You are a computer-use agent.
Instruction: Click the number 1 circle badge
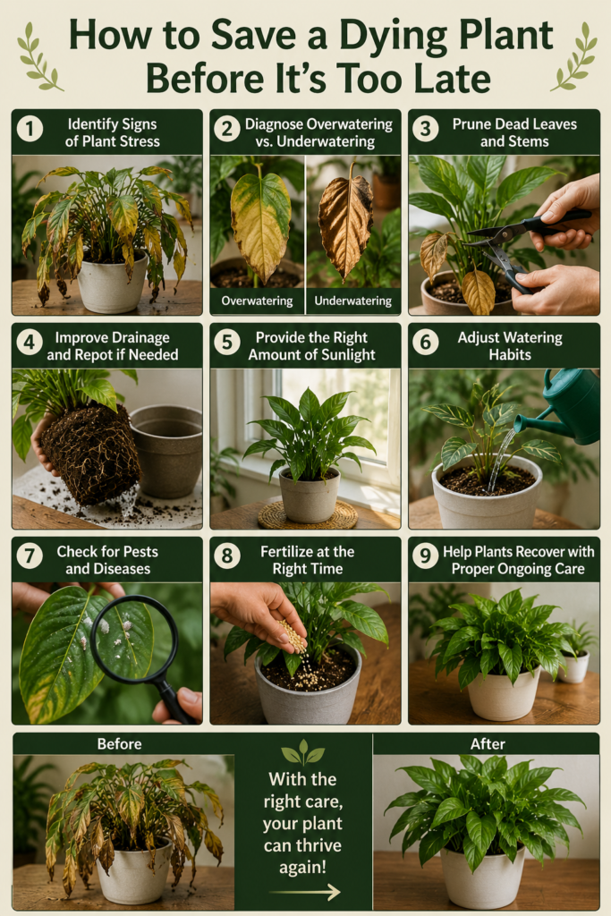coord(30,129)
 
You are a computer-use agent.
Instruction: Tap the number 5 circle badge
coord(227,343)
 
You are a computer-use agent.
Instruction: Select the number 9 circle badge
coord(425,556)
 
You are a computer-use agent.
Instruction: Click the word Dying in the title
coord(396,35)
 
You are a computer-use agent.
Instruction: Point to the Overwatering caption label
coord(257,301)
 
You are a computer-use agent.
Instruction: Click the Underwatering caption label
coord(352,301)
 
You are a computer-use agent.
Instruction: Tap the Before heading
coord(119,743)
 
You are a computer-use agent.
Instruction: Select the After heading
coord(488,743)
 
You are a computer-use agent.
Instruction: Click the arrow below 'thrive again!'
coord(304,892)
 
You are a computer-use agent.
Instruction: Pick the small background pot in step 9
coord(573,666)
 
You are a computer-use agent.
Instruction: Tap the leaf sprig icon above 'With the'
coord(302,753)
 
